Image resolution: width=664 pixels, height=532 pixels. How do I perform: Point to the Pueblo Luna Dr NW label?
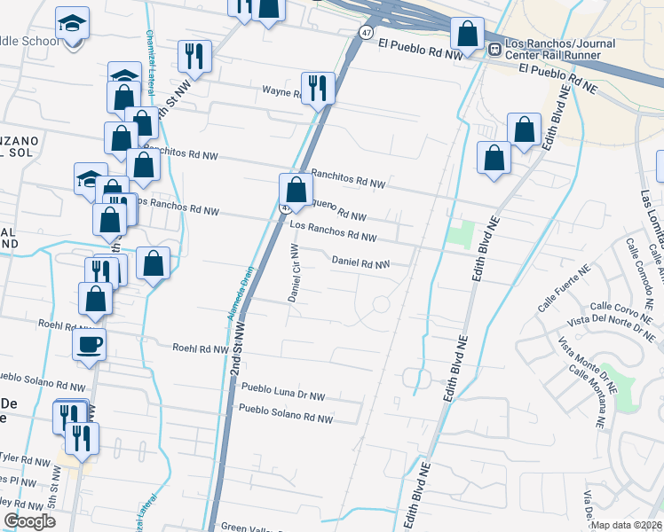283,391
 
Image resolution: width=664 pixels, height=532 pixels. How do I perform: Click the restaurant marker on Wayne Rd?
318,87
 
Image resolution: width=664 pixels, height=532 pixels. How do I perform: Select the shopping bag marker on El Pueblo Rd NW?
467,34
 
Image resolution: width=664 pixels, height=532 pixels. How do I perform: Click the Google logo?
29,521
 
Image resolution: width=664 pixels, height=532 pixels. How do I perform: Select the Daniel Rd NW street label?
360,262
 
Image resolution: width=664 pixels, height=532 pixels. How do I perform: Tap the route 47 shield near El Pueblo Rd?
367,32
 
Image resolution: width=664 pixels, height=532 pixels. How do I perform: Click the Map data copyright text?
626,525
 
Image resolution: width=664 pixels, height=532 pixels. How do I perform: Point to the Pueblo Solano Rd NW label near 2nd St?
285,414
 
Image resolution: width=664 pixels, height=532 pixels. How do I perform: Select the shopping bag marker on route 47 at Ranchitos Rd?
296,189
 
